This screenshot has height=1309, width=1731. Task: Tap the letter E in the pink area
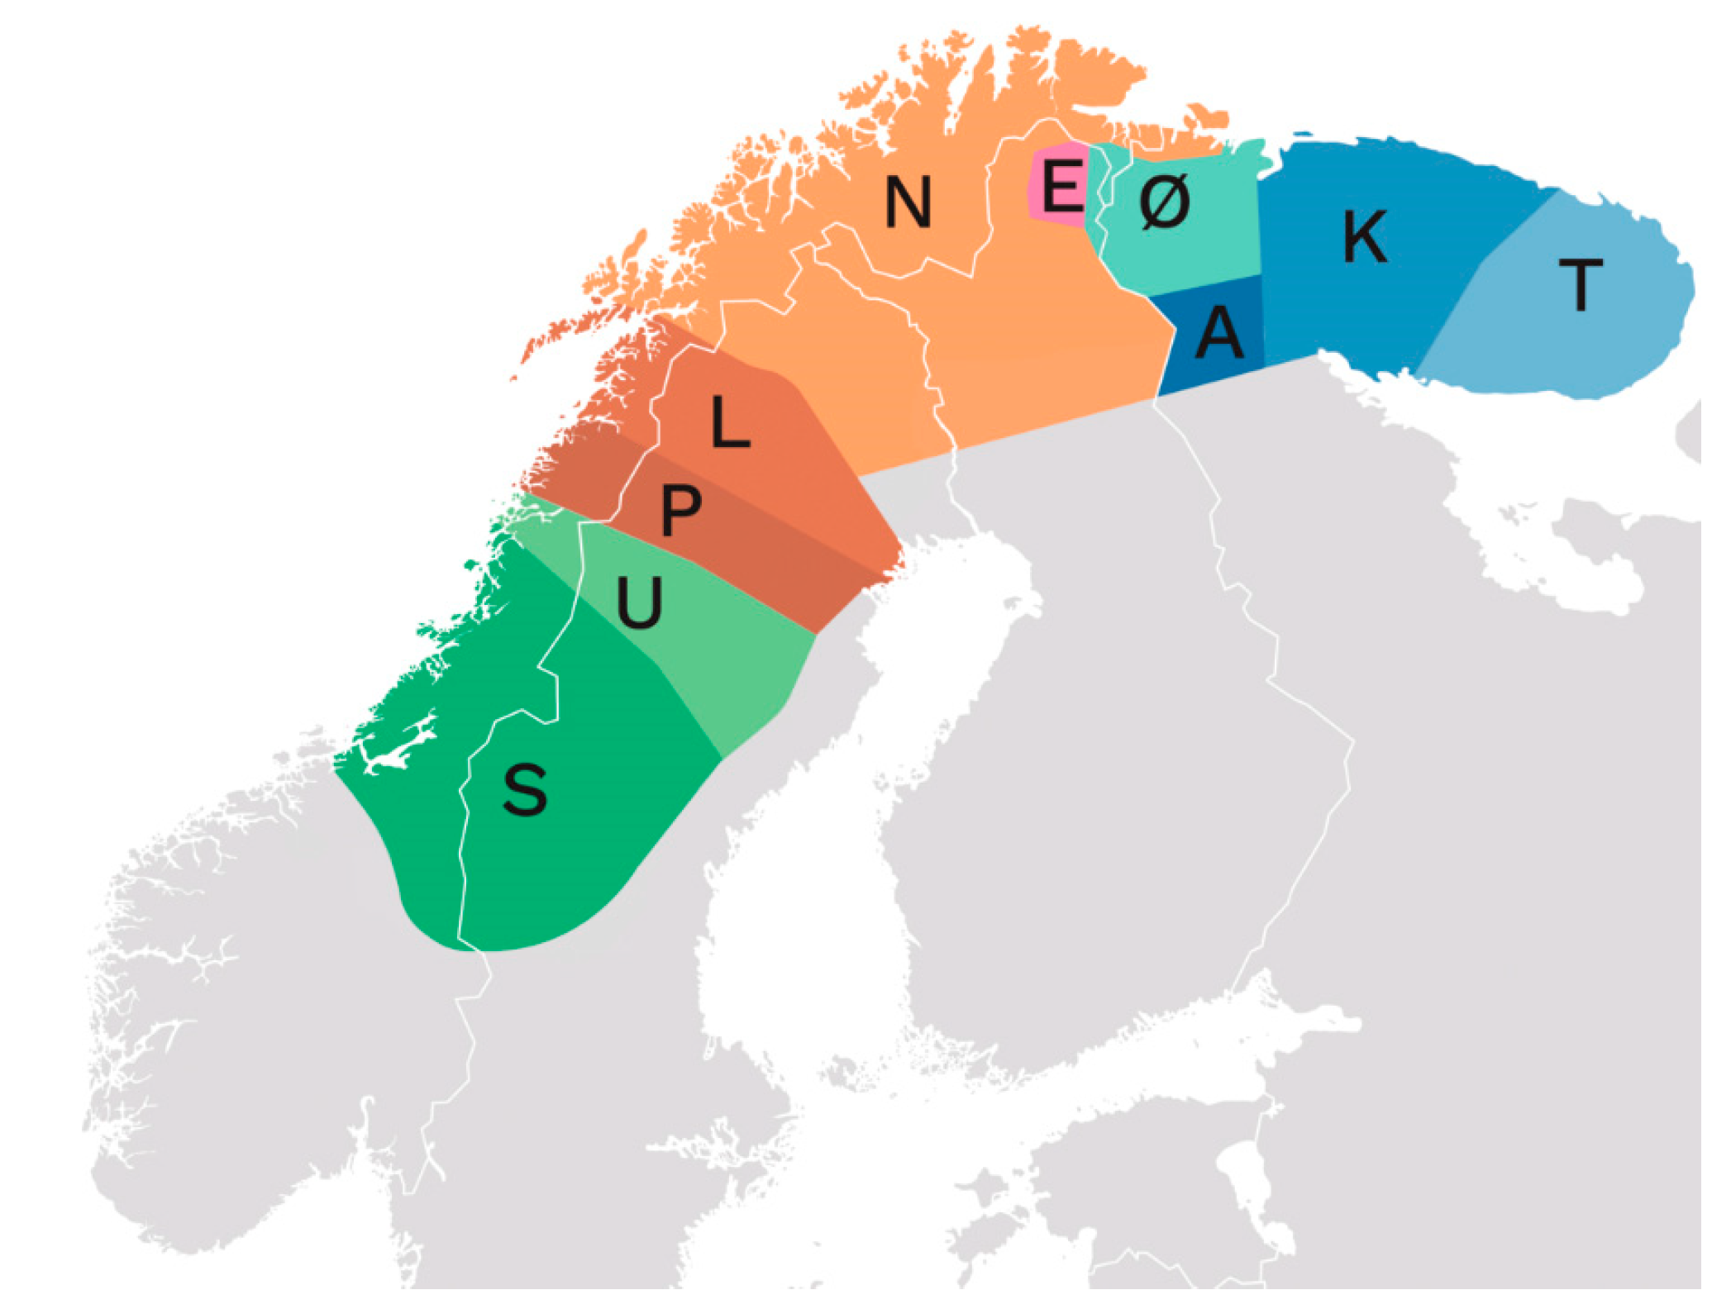(x=1063, y=186)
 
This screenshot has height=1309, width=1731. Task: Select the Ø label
(x=1165, y=202)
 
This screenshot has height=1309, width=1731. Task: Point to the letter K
(x=1365, y=237)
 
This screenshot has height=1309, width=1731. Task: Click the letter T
(x=1581, y=285)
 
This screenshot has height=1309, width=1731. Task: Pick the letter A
(x=1219, y=332)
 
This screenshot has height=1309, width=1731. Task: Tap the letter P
(x=680, y=510)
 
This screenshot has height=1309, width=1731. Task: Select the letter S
(x=525, y=790)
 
